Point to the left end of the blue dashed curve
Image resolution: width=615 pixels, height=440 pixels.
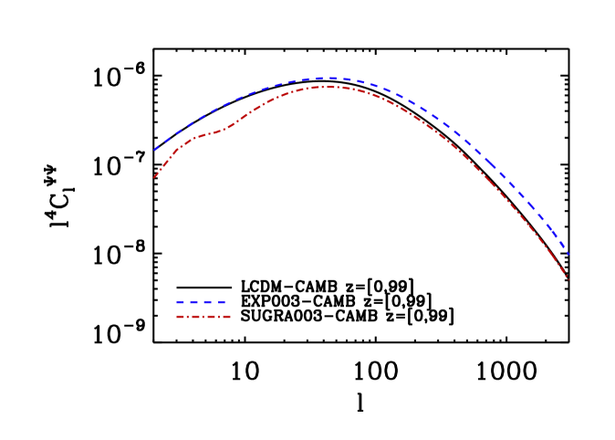click(154, 150)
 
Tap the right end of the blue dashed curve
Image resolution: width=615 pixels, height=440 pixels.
click(568, 255)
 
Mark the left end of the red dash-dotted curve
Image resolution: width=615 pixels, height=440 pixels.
click(153, 179)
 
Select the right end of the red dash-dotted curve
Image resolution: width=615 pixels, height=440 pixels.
click(568, 278)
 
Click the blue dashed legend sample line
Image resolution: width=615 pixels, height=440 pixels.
click(201, 302)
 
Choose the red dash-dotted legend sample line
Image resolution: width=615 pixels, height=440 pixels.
click(203, 317)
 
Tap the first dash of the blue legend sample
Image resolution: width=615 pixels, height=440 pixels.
click(181, 302)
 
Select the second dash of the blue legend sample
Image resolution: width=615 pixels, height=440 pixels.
click(194, 302)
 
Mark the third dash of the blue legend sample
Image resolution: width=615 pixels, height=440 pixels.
click(208, 302)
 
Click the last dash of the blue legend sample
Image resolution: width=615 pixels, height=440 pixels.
click(221, 302)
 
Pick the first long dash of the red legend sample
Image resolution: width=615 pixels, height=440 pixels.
click(181, 317)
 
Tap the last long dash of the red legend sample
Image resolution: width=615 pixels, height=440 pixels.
click(225, 317)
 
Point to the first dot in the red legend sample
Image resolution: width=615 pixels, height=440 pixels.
click(188, 317)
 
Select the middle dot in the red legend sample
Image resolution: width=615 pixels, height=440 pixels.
click(203, 317)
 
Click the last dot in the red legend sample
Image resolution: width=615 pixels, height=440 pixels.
click(218, 317)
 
